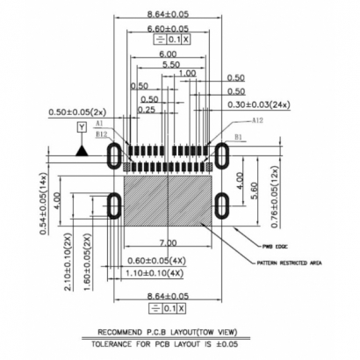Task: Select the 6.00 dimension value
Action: coord(167,54)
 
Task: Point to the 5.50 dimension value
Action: coord(171,66)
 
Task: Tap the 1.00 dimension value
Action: coord(186,75)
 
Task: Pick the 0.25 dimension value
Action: coord(147,110)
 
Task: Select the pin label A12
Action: coord(257,120)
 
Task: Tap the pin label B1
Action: coord(238,137)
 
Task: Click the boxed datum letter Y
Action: coord(82,129)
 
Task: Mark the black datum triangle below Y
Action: coord(82,151)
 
